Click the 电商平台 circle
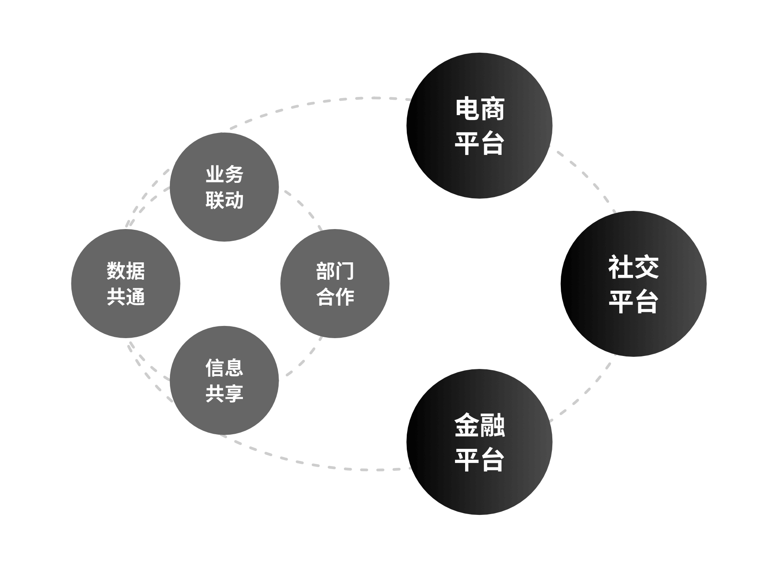pyautogui.click(x=479, y=126)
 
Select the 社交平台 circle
pyautogui.click(x=633, y=284)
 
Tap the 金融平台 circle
pyautogui.click(x=479, y=442)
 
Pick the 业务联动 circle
pyautogui.click(x=224, y=187)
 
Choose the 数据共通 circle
pyautogui.click(x=126, y=283)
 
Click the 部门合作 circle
pyautogui.click(x=335, y=283)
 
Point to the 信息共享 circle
pyautogui.click(x=224, y=380)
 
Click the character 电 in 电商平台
pyautogui.click(x=468, y=109)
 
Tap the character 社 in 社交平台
pyautogui.click(x=621, y=267)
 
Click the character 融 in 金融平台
pyautogui.click(x=492, y=425)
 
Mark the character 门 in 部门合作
pyautogui.click(x=345, y=271)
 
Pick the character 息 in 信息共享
pyautogui.click(x=234, y=368)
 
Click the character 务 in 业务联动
pyautogui.click(x=234, y=174)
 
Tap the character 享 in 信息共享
pyautogui.click(x=234, y=393)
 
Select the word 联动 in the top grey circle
pyautogui.click(x=224, y=200)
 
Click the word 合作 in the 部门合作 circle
pyautogui.click(x=335, y=297)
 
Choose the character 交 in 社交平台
pyautogui.click(x=646, y=267)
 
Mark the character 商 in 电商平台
pyautogui.click(x=492, y=109)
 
